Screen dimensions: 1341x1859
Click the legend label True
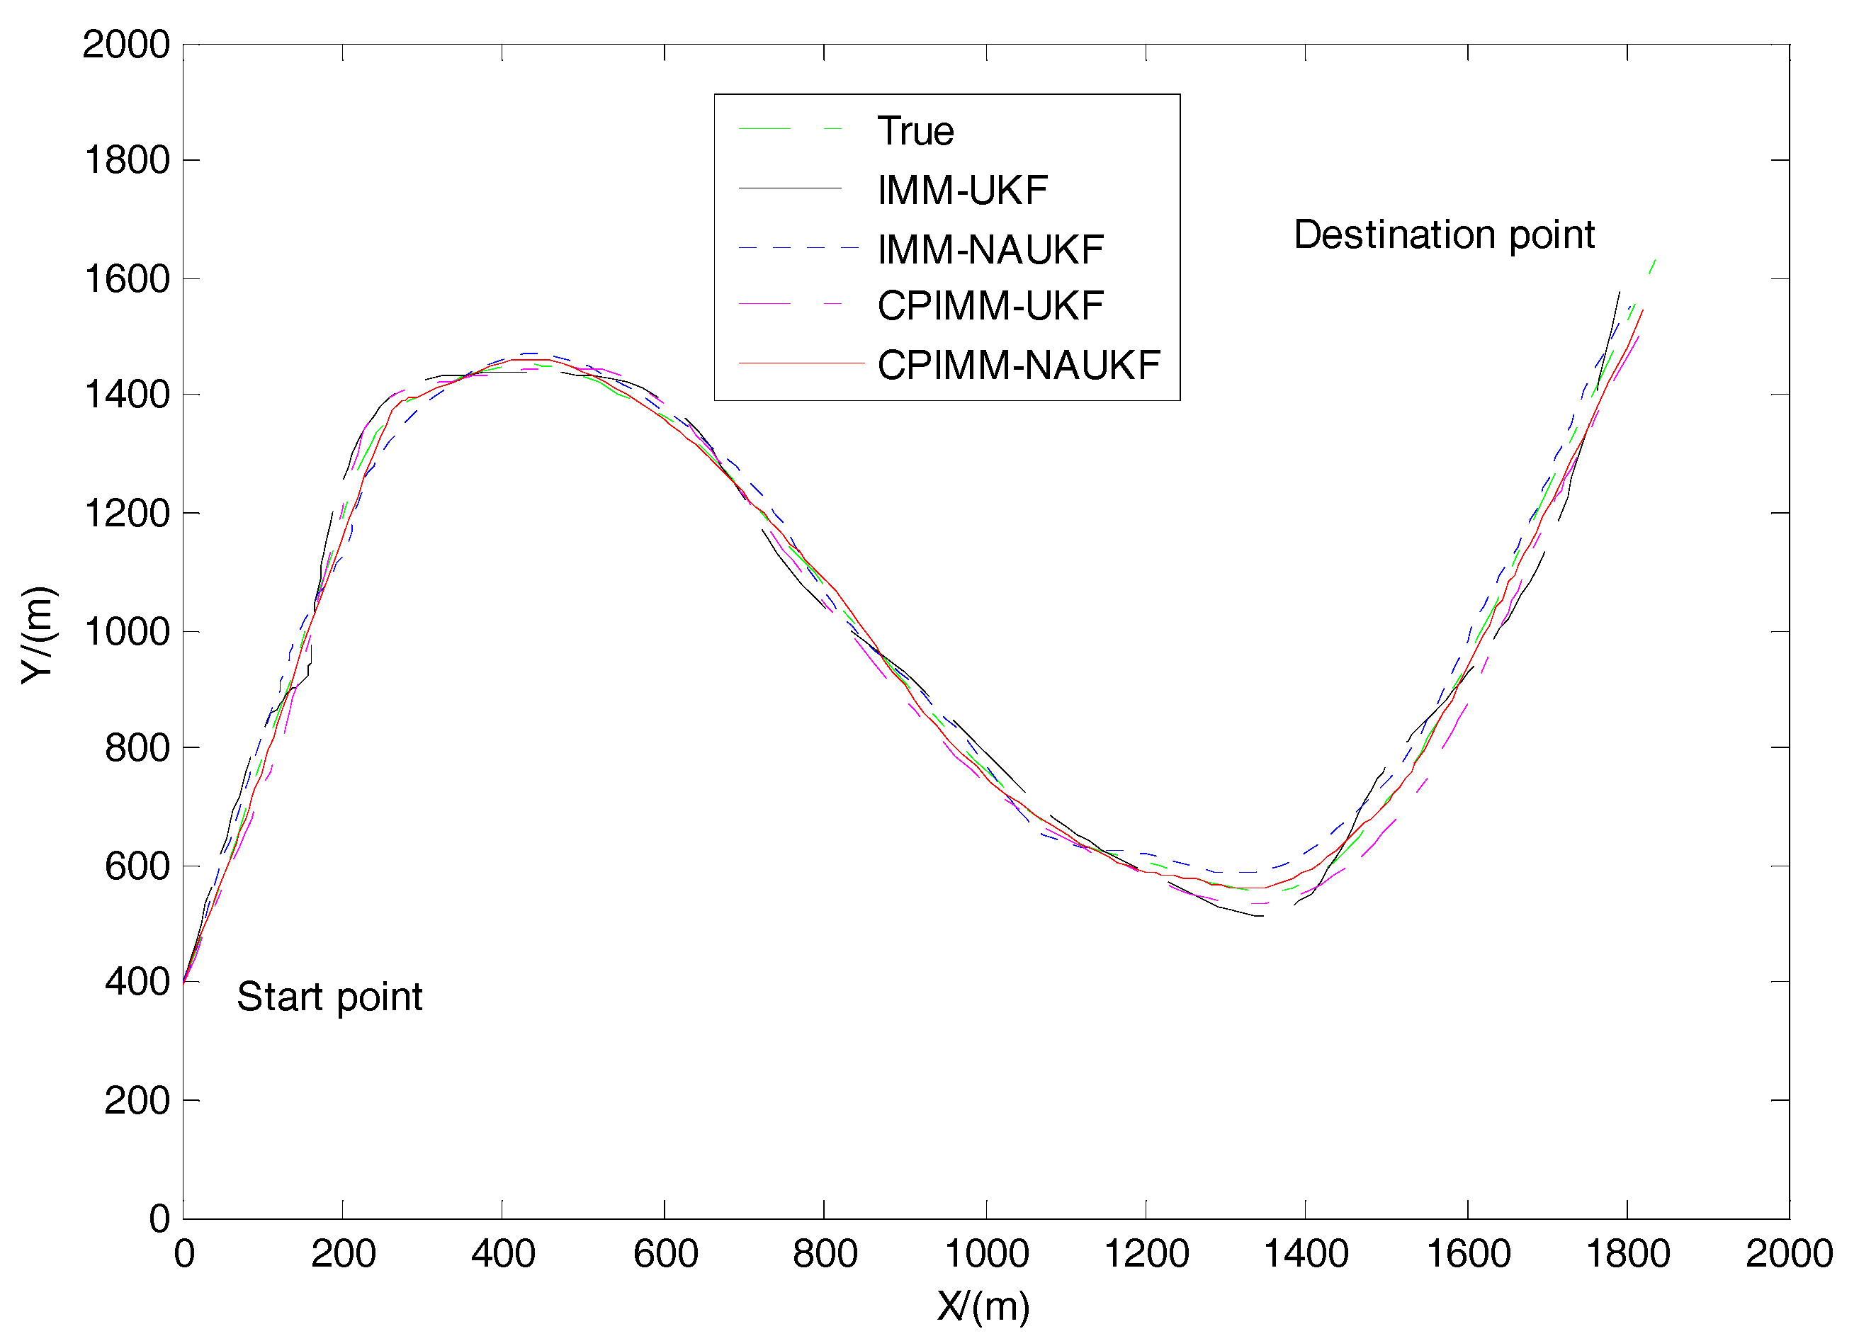click(915, 131)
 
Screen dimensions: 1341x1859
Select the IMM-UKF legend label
click(962, 190)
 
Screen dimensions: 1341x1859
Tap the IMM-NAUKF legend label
click(990, 249)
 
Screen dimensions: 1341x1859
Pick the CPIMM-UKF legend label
click(990, 306)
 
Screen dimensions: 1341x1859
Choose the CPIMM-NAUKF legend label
click(1019, 365)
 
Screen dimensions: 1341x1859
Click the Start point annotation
click(329, 997)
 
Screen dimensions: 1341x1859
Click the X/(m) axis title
click(983, 1306)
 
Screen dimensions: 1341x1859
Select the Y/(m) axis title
click(38, 635)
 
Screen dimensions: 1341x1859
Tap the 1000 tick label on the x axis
click(986, 1254)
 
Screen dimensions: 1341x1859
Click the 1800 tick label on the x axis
click(1627, 1254)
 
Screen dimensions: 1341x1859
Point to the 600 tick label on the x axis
click(665, 1254)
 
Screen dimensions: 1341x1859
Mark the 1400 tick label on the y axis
click(127, 395)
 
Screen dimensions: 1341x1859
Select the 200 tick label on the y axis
click(137, 1101)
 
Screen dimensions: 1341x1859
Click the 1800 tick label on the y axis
click(127, 161)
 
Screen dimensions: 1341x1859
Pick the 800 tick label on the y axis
click(137, 748)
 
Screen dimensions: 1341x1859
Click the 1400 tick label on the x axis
click(1306, 1254)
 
